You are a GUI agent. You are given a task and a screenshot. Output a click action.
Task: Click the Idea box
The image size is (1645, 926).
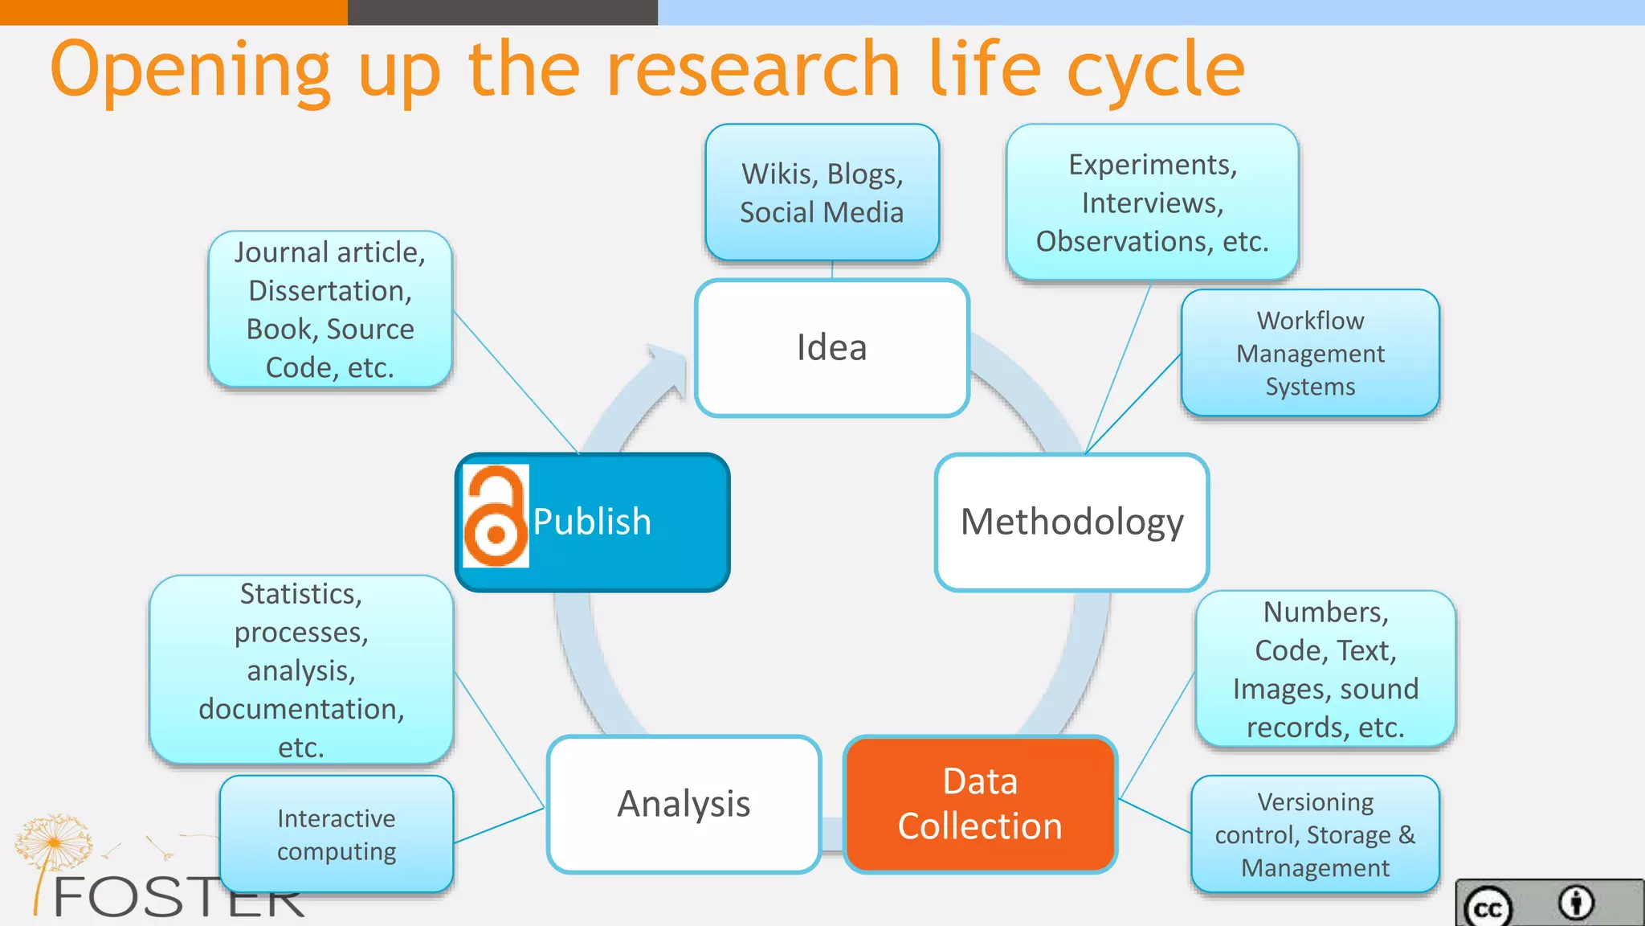[831, 348]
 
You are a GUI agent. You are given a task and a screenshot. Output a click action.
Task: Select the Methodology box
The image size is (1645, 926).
[1071, 522]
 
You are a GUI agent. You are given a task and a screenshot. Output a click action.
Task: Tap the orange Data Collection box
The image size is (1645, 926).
[980, 804]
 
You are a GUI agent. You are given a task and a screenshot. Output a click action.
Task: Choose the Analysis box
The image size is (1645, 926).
[684, 804]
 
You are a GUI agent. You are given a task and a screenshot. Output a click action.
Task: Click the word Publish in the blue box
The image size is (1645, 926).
[592, 522]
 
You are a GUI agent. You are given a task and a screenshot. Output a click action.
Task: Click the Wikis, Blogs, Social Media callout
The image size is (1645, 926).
[822, 193]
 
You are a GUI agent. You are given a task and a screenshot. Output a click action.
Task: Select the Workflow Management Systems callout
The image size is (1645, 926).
[1310, 354]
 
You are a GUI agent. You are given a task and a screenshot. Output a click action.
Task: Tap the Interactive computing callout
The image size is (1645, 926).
[337, 834]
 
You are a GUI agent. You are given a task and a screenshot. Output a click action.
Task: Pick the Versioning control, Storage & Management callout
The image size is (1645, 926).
[1315, 834]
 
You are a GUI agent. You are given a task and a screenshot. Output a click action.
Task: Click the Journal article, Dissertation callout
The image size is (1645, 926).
[330, 309]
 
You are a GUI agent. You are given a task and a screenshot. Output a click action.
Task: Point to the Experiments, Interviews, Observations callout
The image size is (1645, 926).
[1152, 203]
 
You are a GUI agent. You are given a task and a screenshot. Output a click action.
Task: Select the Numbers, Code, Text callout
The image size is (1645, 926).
[1325, 670]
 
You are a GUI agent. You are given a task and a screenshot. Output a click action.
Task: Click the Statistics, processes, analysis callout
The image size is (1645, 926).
[301, 670]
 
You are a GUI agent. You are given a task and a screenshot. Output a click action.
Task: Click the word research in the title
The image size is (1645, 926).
[753, 71]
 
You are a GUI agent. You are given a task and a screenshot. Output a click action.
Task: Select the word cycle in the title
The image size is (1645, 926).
[1156, 71]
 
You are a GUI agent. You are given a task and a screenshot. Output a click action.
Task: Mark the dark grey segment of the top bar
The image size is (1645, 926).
[503, 12]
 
